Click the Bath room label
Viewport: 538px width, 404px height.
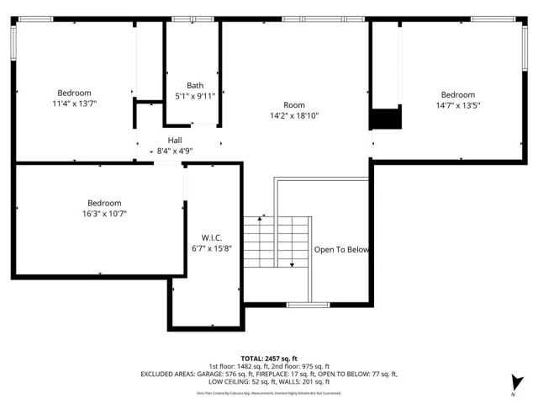click(195, 85)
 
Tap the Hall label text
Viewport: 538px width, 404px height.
click(175, 141)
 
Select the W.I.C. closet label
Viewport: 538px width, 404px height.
click(211, 237)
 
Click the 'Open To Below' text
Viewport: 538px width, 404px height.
click(341, 250)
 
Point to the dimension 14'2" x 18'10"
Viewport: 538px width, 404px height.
click(294, 116)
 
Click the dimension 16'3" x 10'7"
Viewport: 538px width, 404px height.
click(104, 214)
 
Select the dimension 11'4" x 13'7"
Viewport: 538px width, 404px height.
click(74, 104)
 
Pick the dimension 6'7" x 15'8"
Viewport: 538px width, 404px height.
click(211, 248)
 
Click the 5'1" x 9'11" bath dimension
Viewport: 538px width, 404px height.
click(195, 96)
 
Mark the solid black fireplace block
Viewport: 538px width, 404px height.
click(386, 119)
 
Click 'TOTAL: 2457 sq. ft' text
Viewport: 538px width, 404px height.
click(269, 359)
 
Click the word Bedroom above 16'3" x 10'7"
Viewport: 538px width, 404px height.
click(104, 203)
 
